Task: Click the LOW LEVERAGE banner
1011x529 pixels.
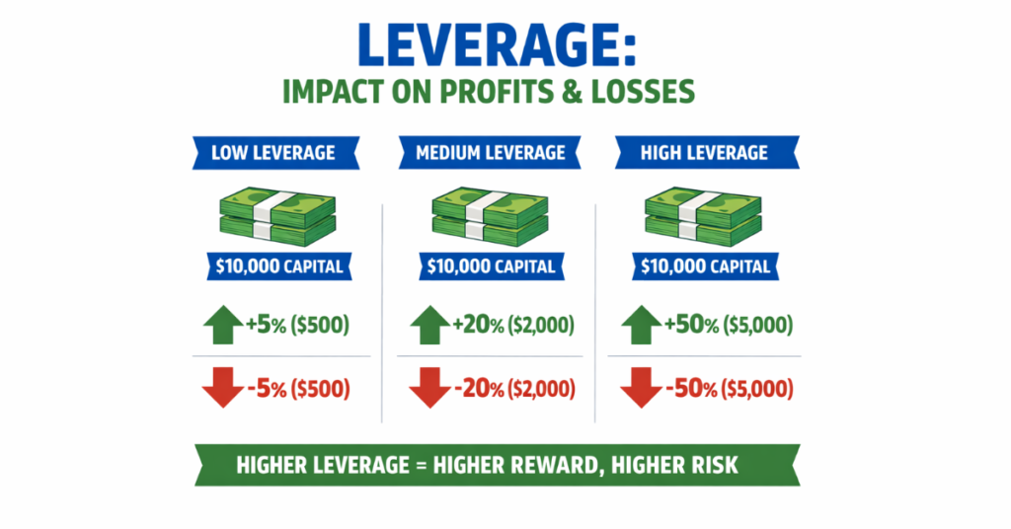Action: [x=273, y=153]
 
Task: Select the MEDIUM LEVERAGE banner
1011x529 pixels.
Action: [x=490, y=153]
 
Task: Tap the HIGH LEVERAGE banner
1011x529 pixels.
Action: [x=705, y=153]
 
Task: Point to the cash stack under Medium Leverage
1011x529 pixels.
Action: [x=490, y=219]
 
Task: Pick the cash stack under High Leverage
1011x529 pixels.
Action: [x=704, y=219]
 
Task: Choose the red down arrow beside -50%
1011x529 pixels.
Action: [x=640, y=388]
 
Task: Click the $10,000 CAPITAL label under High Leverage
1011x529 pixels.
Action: [x=704, y=265]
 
